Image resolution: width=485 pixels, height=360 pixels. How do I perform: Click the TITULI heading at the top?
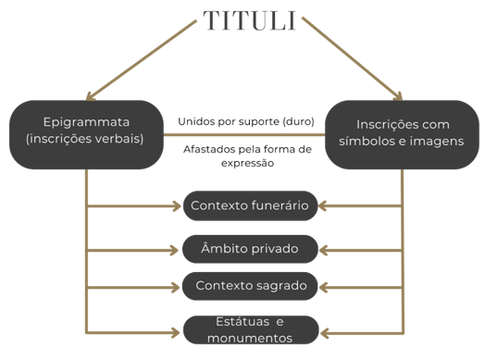tap(248, 20)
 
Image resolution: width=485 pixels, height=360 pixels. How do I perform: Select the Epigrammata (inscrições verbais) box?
tap(86, 132)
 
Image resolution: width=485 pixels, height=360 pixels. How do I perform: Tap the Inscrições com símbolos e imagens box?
tap(402, 132)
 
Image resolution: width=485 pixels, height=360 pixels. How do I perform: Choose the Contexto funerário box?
tap(249, 205)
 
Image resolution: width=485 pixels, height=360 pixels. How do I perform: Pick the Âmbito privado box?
tap(249, 248)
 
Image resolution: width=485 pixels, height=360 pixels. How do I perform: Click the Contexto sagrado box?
tap(249, 284)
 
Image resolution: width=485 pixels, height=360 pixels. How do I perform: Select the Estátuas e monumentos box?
tap(249, 329)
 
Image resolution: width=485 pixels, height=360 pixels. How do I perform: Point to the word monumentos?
tap(249, 339)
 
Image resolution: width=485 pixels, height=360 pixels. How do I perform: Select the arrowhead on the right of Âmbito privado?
tap(324, 248)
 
